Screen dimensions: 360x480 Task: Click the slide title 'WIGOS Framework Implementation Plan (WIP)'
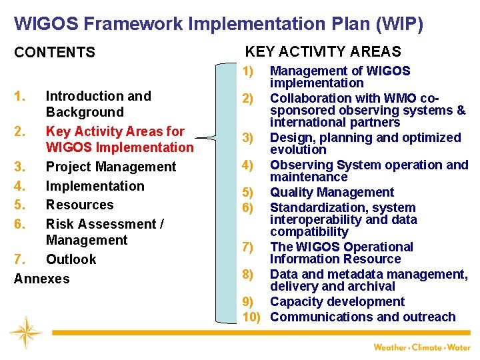[218, 25]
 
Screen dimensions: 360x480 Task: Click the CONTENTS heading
[55, 52]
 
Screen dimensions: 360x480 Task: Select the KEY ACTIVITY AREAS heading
[323, 51]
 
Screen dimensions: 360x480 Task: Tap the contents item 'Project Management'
[111, 167]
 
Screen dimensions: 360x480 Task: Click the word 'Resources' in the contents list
[79, 205]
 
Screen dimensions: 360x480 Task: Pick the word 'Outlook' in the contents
[71, 259]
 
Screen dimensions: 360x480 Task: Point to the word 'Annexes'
[41, 279]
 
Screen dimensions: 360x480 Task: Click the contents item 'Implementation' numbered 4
[95, 186]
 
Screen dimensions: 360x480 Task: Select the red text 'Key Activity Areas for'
[115, 131]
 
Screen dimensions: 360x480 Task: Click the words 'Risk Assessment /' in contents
[105, 224]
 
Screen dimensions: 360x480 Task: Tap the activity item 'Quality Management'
[331, 193]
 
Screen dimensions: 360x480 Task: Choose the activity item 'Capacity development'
[337, 301]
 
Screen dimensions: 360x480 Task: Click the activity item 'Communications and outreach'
[363, 317]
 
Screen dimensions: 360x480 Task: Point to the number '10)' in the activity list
[251, 317]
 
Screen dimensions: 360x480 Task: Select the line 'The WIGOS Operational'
[341, 247]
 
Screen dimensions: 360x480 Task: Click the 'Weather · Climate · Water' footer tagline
[421, 347]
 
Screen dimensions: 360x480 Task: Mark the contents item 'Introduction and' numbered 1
[98, 96]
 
